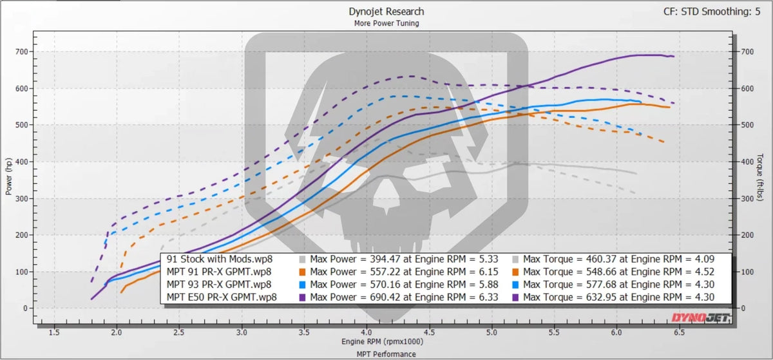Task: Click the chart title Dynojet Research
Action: (386, 12)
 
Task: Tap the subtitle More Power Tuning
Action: (386, 23)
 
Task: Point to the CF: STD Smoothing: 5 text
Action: (712, 12)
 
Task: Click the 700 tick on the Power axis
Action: (21, 52)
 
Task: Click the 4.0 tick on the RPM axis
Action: (367, 332)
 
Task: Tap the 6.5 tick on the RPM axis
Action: (679, 332)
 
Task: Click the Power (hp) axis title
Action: (8, 176)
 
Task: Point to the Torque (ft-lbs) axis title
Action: (759, 177)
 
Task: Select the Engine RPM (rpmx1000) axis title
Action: (383, 341)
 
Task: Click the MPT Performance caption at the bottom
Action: (386, 354)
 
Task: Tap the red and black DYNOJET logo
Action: (700, 317)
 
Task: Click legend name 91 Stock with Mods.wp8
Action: (220, 259)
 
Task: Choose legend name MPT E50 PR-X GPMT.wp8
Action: (222, 297)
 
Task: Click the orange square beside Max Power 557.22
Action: (302, 272)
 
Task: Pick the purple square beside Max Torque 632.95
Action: (515, 298)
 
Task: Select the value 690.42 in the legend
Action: (385, 297)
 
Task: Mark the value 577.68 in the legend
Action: (601, 285)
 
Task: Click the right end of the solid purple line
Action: (674, 56)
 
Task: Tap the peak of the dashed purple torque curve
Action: (412, 76)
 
